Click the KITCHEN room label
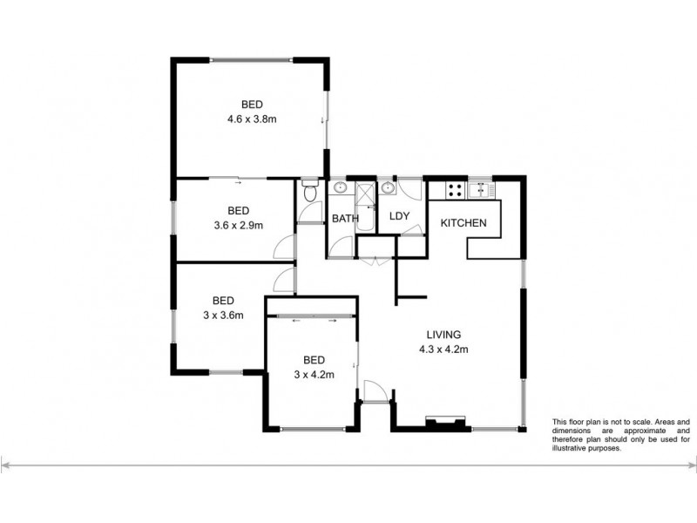pos(463,224)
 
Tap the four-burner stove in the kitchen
pos(454,188)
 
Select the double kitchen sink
pos(480,188)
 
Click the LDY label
pos(400,216)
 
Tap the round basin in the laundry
pos(387,187)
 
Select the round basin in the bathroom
pos(339,188)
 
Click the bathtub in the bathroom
pos(364,209)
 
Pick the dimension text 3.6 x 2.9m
pos(239,225)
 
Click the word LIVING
pos(443,335)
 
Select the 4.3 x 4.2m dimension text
pos(443,350)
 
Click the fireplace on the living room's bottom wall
pos(442,424)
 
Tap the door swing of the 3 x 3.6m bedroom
pos(283,281)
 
